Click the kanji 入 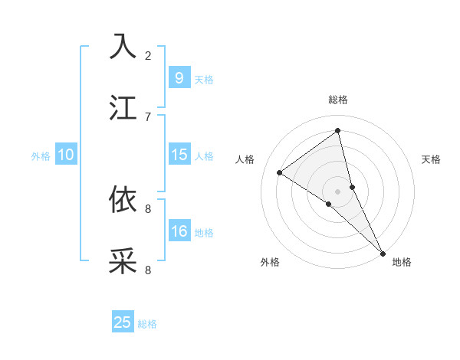123,47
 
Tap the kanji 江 123,107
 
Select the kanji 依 123,200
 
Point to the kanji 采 123,261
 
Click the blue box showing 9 179,77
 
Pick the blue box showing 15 179,155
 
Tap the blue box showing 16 179,231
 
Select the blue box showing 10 66,155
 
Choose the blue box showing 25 123,322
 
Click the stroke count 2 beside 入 148,55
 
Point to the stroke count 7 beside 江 148,116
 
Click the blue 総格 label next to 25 147,324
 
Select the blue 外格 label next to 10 41,156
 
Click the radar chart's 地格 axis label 402,262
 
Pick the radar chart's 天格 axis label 431,159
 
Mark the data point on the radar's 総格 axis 338,131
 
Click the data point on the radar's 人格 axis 280,172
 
